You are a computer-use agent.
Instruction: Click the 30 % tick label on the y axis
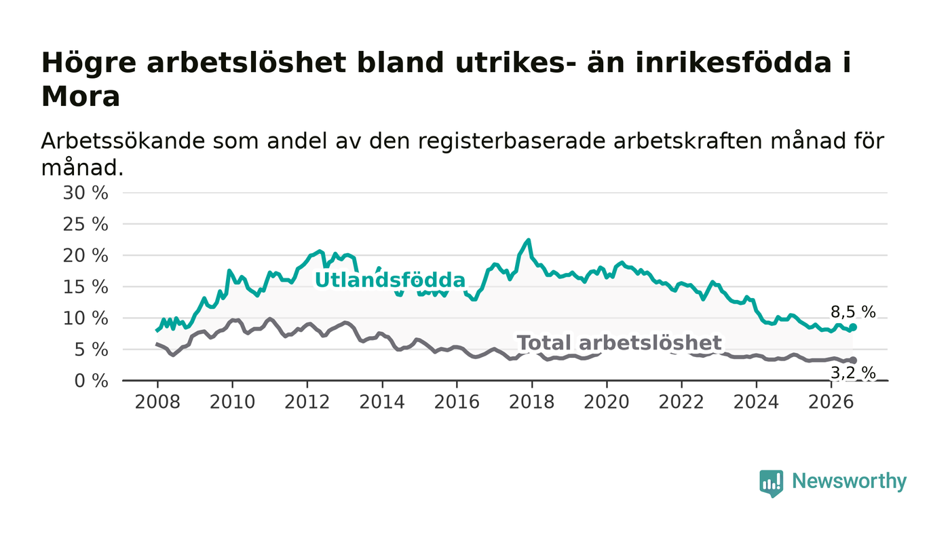click(85, 193)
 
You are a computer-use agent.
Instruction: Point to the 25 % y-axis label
click(85, 225)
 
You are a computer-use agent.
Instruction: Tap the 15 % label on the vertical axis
click(85, 287)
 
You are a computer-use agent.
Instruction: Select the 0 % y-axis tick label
click(91, 381)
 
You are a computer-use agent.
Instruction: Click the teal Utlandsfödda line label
click(390, 280)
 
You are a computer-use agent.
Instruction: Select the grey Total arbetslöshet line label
click(619, 343)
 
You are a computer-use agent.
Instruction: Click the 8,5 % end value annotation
click(853, 312)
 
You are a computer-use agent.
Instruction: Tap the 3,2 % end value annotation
click(853, 373)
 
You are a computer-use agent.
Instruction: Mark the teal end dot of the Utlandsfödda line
click(853, 327)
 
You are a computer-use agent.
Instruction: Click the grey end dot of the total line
click(853, 360)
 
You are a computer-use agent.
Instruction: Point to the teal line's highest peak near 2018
click(529, 240)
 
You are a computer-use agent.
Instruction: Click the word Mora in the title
click(81, 97)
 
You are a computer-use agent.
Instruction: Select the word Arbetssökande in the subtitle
click(123, 141)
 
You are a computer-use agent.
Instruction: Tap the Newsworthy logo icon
click(772, 483)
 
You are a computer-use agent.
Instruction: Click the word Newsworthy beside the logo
click(849, 481)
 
